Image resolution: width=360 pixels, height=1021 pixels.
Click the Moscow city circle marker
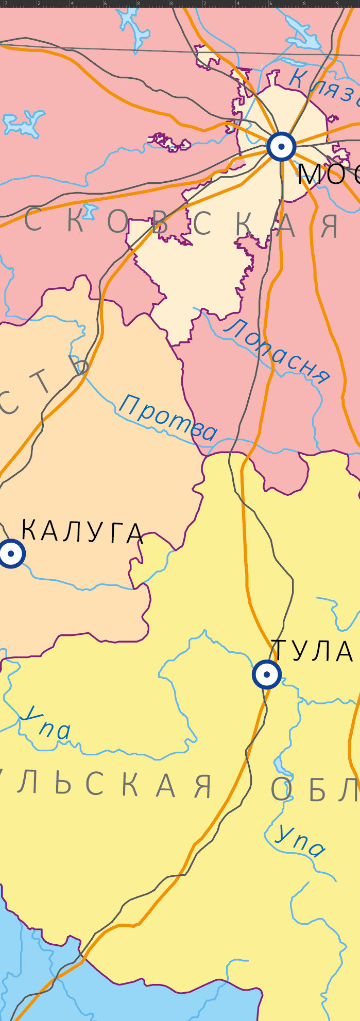point(281,147)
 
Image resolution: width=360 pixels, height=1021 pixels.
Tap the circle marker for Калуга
point(10,553)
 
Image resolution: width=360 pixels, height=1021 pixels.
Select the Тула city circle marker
point(267,674)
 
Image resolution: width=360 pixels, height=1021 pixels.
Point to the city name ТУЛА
point(312,651)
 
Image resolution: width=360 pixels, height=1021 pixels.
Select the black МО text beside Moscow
point(328,174)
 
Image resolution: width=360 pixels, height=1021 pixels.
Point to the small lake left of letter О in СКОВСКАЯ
point(90,211)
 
